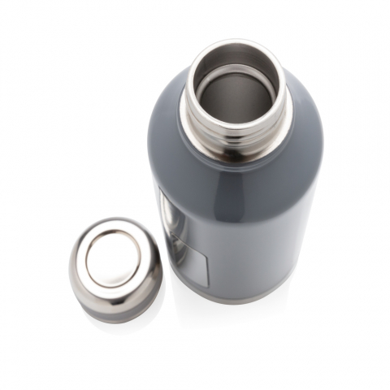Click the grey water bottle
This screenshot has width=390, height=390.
point(244,211)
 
